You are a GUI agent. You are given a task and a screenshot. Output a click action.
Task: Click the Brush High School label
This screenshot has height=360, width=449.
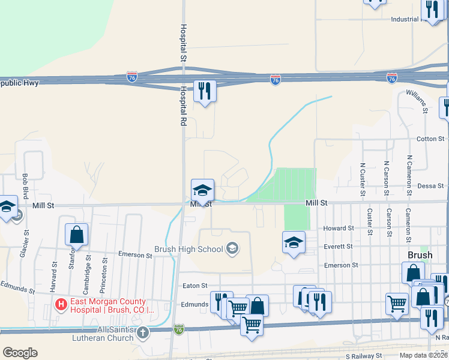coord(188,249)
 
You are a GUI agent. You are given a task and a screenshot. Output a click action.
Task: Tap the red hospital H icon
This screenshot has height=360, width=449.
coord(60,305)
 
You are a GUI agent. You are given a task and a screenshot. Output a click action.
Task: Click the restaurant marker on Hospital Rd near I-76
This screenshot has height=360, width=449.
coord(205,91)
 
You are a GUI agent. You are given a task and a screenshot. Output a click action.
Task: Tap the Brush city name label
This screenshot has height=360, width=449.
coord(420,255)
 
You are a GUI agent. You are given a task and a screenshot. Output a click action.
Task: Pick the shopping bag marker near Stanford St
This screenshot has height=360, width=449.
coord(77,235)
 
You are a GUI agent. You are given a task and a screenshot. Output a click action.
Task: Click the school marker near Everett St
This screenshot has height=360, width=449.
coord(294,243)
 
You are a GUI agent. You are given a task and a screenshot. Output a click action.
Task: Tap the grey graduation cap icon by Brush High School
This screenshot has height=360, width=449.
coord(231,248)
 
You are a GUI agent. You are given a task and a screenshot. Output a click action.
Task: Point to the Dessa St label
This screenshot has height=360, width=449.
coord(430,186)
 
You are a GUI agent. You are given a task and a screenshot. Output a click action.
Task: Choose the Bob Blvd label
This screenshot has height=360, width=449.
coord(25,187)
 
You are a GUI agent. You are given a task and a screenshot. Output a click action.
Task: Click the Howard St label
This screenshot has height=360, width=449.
coord(339,229)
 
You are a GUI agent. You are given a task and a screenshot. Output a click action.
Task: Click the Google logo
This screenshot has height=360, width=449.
coord(20,353)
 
